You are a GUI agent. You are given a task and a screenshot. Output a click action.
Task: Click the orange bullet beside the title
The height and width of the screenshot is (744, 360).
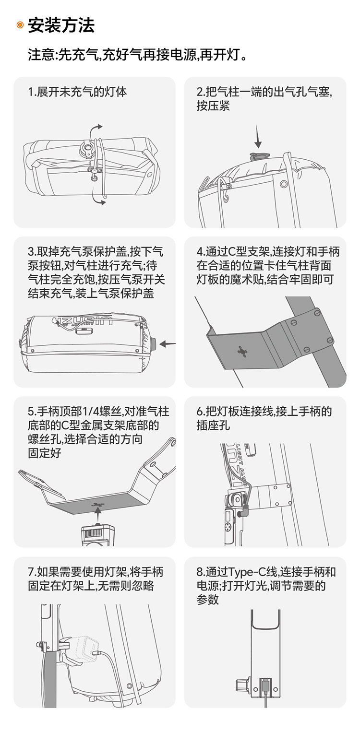[20, 25]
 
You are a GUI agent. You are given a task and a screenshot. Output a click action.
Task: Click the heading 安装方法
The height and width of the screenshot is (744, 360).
[61, 25]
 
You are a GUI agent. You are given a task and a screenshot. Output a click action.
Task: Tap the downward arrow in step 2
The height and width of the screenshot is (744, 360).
[258, 137]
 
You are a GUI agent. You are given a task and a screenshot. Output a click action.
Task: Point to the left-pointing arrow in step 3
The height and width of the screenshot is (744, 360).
[168, 344]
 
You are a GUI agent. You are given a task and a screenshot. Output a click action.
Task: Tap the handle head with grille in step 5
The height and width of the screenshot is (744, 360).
[98, 535]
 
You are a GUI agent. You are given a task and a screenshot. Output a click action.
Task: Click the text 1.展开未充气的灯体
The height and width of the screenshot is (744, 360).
[77, 92]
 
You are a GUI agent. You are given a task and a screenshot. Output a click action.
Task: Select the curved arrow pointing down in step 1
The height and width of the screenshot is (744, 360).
[98, 196]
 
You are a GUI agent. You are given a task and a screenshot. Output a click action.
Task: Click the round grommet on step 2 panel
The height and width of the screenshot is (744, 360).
[283, 184]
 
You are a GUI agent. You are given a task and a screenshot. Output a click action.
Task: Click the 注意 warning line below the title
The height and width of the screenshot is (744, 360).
[138, 55]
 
